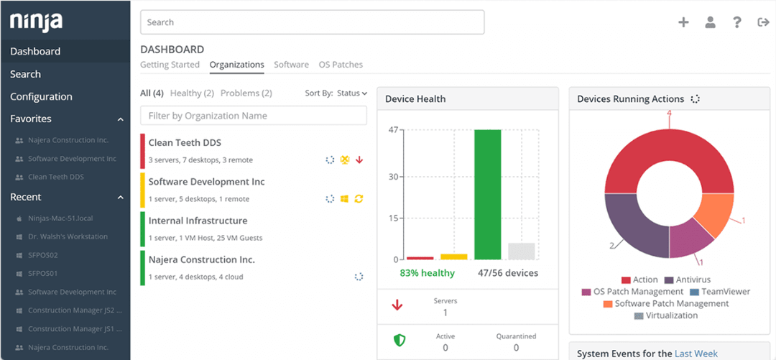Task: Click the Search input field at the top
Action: (x=312, y=22)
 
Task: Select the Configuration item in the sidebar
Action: (x=41, y=96)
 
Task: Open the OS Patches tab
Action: (x=341, y=65)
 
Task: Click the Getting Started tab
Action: (x=170, y=65)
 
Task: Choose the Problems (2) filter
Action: (x=246, y=93)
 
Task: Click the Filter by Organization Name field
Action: (x=253, y=116)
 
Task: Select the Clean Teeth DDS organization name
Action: (x=185, y=143)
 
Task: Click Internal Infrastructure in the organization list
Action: (x=198, y=221)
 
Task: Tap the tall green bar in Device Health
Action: (x=488, y=194)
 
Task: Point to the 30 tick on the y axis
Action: (x=393, y=177)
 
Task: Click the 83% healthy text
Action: (x=428, y=273)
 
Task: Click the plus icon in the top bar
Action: (x=683, y=22)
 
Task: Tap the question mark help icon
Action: (x=736, y=22)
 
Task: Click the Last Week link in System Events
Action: (x=696, y=354)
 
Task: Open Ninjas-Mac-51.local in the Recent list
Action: (x=60, y=218)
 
